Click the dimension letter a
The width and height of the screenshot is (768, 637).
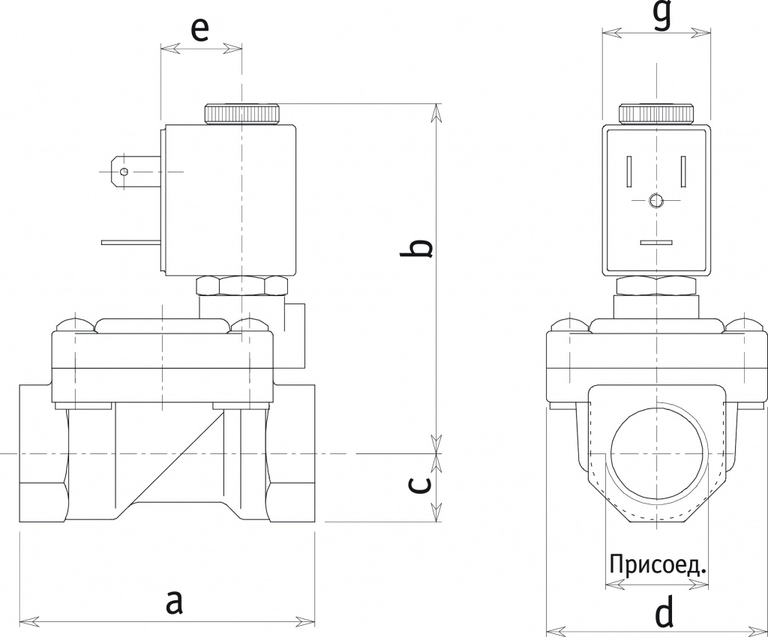click(x=174, y=601)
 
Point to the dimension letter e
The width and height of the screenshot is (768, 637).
click(x=199, y=28)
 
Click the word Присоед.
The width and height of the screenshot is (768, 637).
click(x=658, y=564)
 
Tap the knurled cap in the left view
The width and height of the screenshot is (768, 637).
click(x=241, y=113)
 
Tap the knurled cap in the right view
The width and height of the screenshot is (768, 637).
click(x=655, y=113)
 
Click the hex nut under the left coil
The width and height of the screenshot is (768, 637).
click(x=241, y=286)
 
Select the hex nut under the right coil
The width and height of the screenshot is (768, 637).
click(x=655, y=285)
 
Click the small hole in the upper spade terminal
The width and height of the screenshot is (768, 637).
click(x=124, y=172)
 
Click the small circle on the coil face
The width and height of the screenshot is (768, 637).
click(x=655, y=201)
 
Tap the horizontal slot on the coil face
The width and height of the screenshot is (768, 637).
click(x=655, y=243)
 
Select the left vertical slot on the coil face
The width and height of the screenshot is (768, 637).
click(x=628, y=172)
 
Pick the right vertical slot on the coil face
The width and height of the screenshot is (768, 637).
click(x=683, y=172)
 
